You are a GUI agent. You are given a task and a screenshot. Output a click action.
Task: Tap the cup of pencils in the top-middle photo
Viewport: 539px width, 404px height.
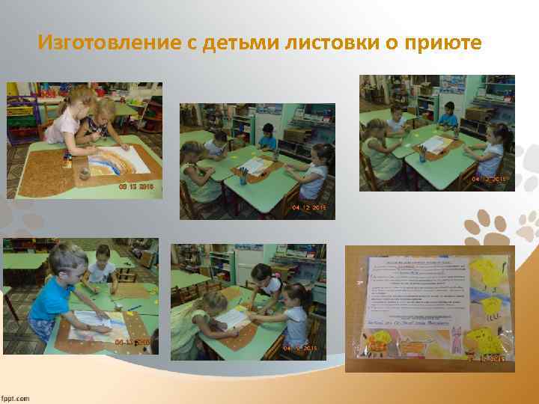click(243, 175)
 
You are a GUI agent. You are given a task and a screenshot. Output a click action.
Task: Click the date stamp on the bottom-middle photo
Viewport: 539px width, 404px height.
click(300, 349)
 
